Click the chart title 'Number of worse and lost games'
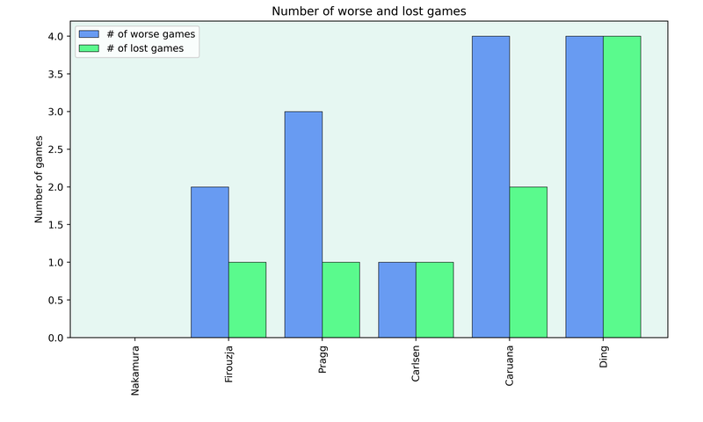(368, 11)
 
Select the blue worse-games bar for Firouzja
(210, 262)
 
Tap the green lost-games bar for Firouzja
(247, 300)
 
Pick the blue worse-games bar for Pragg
(303, 224)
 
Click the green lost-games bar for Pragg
(341, 300)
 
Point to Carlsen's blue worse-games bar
(397, 300)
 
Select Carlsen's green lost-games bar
(434, 300)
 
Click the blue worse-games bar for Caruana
(490, 186)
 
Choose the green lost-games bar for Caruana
(528, 262)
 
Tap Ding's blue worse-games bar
(584, 186)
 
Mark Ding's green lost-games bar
(621, 186)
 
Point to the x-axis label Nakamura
(135, 370)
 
